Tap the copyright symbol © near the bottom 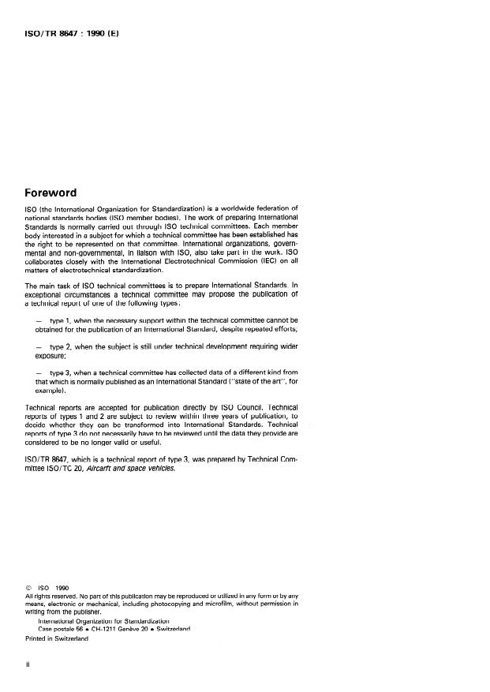29,587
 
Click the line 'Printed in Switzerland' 57,638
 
